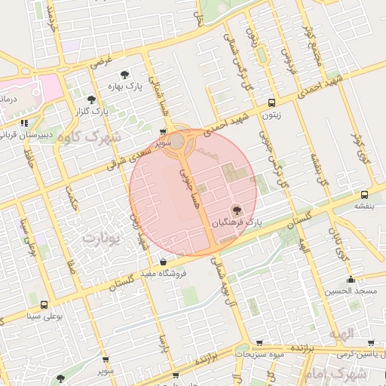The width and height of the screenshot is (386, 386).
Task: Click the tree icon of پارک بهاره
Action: (124, 75)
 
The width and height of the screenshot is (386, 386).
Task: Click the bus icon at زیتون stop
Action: (271, 103)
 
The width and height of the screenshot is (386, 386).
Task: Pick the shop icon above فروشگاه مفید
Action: (164, 262)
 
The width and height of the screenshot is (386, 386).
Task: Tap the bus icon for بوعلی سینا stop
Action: (44, 305)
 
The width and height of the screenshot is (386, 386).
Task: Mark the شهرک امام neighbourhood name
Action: (348, 374)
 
